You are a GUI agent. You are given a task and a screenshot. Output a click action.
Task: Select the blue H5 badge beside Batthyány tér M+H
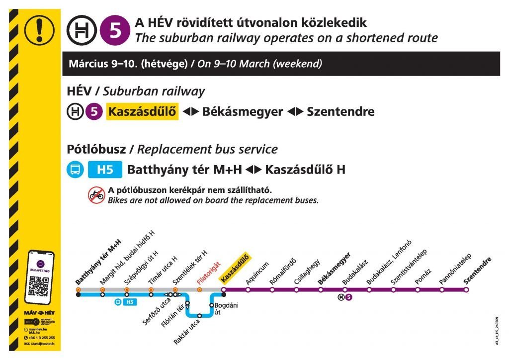point(105,170)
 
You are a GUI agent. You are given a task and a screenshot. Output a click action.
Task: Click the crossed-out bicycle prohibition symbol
point(96,195)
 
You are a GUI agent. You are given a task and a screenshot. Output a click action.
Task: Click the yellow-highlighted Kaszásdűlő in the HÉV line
point(143,112)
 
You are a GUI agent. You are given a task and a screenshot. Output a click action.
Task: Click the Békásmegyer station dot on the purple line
point(321,290)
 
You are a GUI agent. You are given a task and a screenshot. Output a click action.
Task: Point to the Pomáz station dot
point(418,290)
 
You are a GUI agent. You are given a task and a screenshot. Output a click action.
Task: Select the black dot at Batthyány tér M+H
point(78,294)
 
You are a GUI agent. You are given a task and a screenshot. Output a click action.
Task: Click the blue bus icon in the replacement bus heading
point(75,170)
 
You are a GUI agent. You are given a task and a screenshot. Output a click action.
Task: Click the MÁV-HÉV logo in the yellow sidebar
point(39,313)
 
